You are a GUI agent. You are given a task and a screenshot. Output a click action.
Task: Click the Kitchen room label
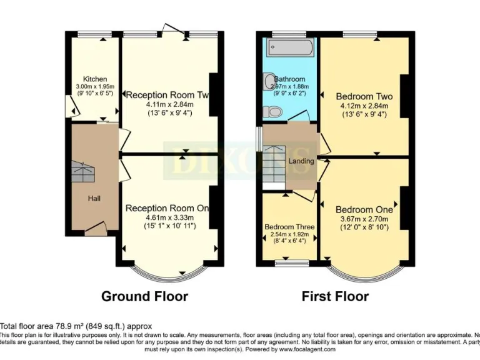[91, 79]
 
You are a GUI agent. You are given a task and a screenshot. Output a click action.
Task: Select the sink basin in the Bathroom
[269, 81]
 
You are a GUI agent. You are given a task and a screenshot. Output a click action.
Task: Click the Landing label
[301, 161]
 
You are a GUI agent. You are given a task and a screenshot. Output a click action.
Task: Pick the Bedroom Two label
[364, 96]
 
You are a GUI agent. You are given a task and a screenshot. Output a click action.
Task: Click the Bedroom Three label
[289, 226]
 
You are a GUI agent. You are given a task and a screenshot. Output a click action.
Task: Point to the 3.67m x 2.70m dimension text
[364, 219]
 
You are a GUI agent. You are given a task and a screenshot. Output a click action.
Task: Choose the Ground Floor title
[144, 296]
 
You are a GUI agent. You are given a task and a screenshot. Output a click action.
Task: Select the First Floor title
[335, 296]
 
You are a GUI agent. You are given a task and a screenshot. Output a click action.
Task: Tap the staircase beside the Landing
[274, 164]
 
